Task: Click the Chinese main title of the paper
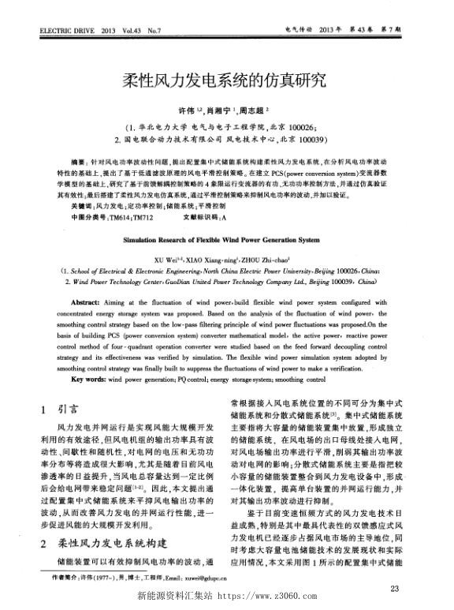point(226,80)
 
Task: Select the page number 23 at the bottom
point(416,587)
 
